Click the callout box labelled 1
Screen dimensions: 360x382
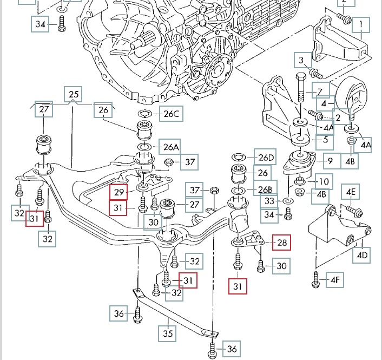tap(360, 25)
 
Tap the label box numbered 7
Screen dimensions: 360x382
tap(320, 91)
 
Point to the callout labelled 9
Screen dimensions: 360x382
tap(331, 161)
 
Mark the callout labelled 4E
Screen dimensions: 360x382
tap(351, 192)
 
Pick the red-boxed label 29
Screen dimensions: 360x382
tap(118, 191)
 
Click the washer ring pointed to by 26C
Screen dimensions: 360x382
tap(144, 114)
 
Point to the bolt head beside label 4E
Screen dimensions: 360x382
tap(330, 209)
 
